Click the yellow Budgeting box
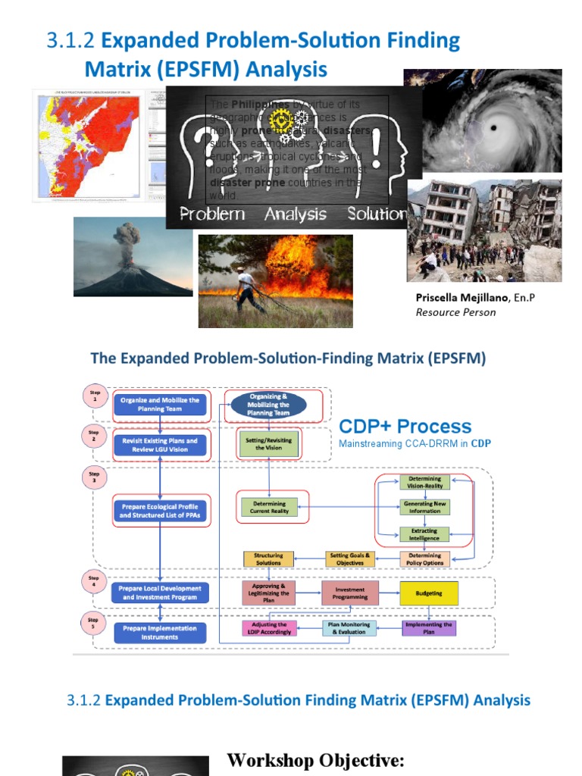pos(429,593)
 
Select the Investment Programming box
pos(349,593)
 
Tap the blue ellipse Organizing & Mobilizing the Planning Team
pos(268,405)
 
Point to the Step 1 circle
pos(95,396)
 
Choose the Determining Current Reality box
pos(269,507)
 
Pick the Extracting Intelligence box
pos(424,535)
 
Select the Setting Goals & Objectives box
pos(349,559)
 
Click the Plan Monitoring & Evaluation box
pos(349,627)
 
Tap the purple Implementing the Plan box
pos(429,627)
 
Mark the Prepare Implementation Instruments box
pos(159,632)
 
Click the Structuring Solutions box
pos(268,559)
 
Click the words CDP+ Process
pos(405,427)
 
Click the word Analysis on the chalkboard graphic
pos(295,214)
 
